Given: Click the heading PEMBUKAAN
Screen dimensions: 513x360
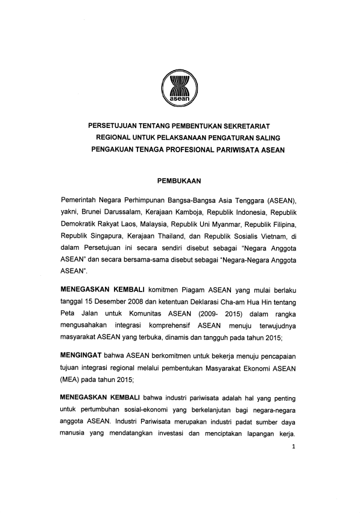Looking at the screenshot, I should (179, 180).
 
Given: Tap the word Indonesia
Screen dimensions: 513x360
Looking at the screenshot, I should (250, 212).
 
